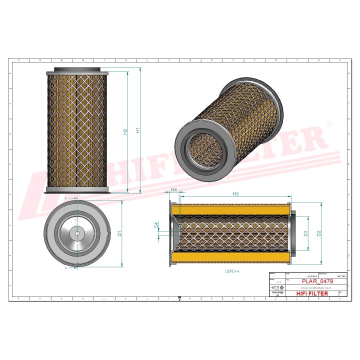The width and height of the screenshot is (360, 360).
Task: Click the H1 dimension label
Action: [138, 130]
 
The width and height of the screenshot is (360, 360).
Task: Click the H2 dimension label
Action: [125, 131]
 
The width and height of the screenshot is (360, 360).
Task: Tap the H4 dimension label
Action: [173, 190]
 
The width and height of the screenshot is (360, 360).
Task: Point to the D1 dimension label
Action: [119, 233]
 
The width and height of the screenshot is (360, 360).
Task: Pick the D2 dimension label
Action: [318, 232]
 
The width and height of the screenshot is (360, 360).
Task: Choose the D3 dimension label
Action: [304, 232]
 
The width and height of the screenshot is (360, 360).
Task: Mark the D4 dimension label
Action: [156, 225]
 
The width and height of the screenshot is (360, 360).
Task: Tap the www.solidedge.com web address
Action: [314, 287]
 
